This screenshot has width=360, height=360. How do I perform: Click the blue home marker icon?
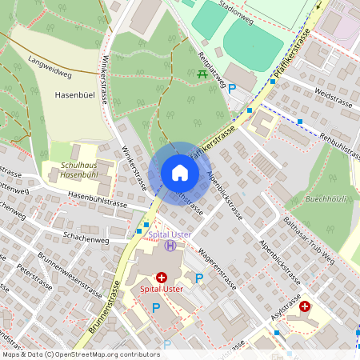point(179,173)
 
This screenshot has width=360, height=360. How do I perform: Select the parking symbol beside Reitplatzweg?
point(233,90)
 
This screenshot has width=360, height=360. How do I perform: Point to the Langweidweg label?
point(50,66)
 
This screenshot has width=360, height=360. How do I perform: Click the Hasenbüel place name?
point(75,94)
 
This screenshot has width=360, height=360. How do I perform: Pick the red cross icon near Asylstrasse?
point(305,306)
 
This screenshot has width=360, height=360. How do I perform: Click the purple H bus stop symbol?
point(170,245)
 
